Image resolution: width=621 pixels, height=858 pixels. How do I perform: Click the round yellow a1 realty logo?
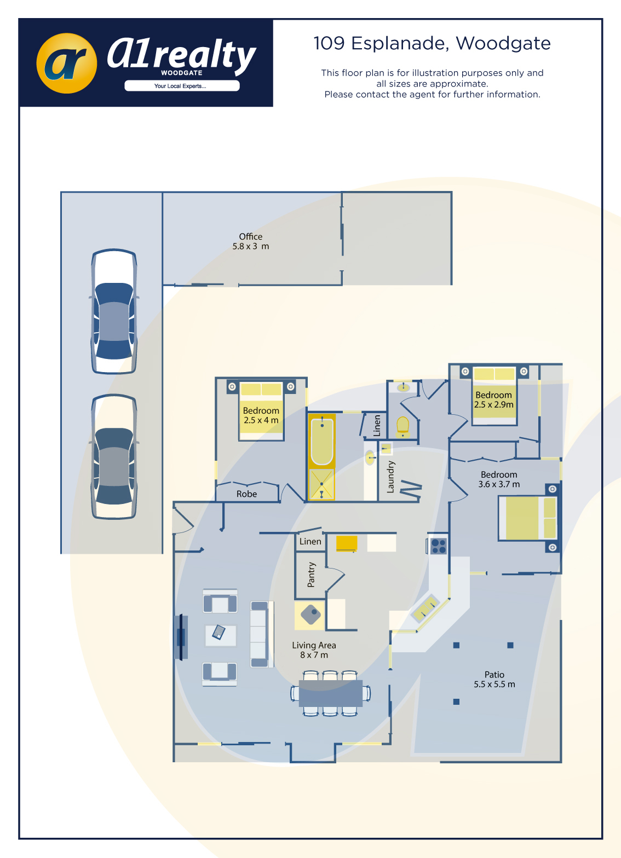(67, 63)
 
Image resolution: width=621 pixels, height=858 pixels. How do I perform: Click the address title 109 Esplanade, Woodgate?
(432, 44)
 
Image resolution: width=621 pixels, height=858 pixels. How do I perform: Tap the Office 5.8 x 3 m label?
(251, 241)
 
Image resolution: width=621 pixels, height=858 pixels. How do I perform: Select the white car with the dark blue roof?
(114, 311)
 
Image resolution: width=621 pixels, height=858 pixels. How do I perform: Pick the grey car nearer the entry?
(114, 456)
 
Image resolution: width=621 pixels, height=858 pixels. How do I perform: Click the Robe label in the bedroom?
(246, 494)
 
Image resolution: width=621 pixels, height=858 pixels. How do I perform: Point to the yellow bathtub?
(321, 440)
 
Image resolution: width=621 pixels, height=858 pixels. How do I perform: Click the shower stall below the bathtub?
(321, 484)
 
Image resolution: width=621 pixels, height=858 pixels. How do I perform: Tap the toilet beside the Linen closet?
(403, 427)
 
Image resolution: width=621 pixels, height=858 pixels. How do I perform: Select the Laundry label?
(390, 477)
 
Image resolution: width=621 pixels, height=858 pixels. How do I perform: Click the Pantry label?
(311, 575)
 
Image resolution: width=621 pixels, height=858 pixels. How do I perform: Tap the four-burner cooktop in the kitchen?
(439, 546)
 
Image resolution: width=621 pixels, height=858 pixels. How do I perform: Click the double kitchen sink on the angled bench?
(425, 608)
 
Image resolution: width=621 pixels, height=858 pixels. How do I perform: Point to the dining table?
(330, 693)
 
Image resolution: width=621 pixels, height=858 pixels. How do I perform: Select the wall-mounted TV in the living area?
(181, 636)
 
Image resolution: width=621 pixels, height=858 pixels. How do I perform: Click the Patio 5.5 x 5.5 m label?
(494, 679)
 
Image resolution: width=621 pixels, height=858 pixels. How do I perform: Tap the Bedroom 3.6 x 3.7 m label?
(499, 479)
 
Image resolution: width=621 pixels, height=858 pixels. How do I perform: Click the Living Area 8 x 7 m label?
(314, 650)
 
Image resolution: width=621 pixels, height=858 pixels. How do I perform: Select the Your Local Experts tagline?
(180, 86)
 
